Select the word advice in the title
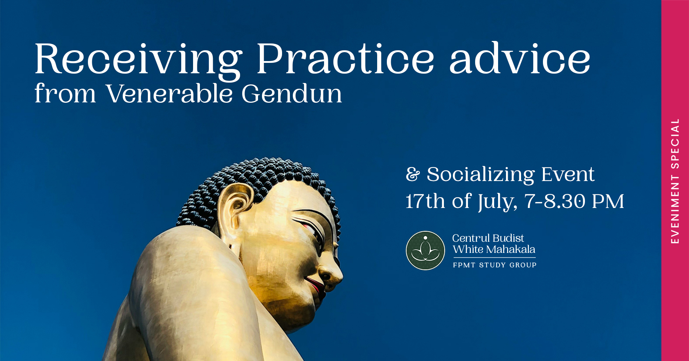pyautogui.click(x=520, y=57)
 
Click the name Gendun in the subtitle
pyautogui.click(x=292, y=93)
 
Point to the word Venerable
pyautogui.click(x=169, y=93)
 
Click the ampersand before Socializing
pyautogui.click(x=413, y=175)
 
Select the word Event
pyautogui.click(x=568, y=175)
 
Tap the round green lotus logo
pyautogui.click(x=425, y=250)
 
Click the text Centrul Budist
pyautogui.click(x=488, y=238)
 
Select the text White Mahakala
pyautogui.click(x=494, y=249)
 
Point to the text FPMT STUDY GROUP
pyautogui.click(x=495, y=265)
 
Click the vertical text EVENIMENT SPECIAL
pyautogui.click(x=675, y=181)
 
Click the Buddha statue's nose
pyautogui.click(x=331, y=271)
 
